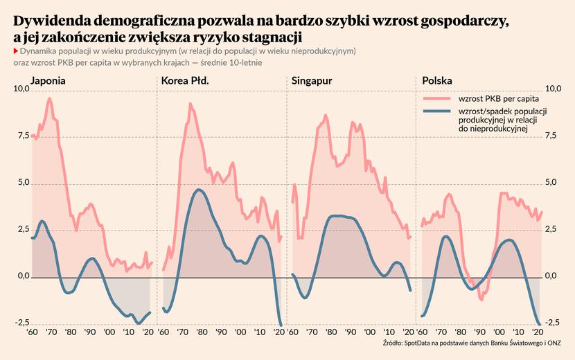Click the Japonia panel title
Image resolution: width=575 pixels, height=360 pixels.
(x=48, y=81)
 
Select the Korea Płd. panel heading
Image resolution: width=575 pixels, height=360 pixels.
(x=185, y=81)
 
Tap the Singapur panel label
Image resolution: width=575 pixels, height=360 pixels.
(x=312, y=81)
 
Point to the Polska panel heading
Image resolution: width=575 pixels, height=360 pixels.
(x=437, y=81)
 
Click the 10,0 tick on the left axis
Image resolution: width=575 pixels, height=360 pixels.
(x=21, y=89)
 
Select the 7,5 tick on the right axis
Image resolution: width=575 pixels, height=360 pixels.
(x=552, y=136)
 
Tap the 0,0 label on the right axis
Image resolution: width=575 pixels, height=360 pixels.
(x=552, y=277)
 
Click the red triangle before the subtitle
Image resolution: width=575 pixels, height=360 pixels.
(x=15, y=51)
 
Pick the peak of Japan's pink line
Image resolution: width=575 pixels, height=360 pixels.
(x=49, y=98)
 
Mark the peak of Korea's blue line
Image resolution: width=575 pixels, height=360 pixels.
(x=200, y=190)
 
